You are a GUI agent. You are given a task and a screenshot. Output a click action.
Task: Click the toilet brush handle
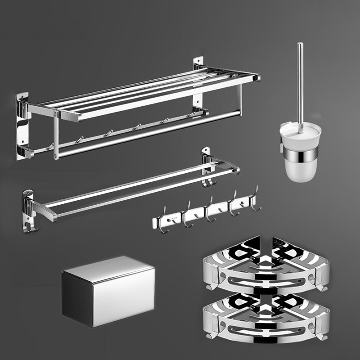[x=300, y=81]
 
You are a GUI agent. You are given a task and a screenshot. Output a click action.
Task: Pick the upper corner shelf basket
[x=266, y=265]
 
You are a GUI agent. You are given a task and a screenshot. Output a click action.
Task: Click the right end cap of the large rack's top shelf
[x=256, y=78]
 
